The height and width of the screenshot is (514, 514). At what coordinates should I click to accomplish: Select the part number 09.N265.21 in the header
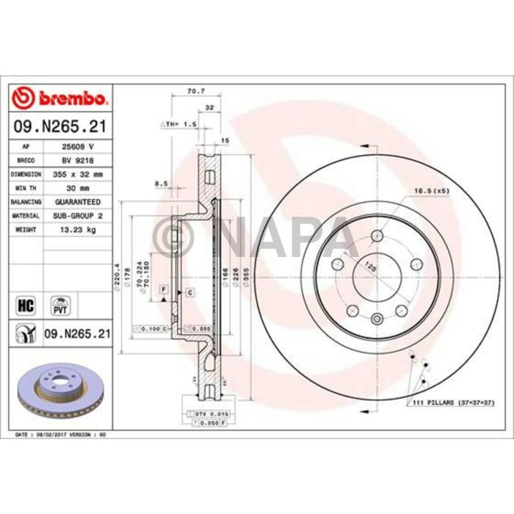[x=61, y=127]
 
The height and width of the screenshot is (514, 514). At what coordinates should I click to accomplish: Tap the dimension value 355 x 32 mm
[x=76, y=174]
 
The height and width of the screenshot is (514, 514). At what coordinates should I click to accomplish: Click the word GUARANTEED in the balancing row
[x=76, y=201]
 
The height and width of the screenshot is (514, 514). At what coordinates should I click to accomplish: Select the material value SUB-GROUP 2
[x=76, y=215]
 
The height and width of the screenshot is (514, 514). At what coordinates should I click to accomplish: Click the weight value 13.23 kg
[x=76, y=229]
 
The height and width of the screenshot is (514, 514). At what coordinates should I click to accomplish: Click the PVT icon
[x=59, y=304]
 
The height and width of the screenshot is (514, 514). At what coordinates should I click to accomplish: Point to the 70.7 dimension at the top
[x=195, y=93]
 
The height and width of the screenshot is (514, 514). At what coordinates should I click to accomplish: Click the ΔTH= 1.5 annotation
[x=178, y=125]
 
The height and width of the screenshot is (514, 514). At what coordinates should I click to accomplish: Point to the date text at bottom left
[x=61, y=435]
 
